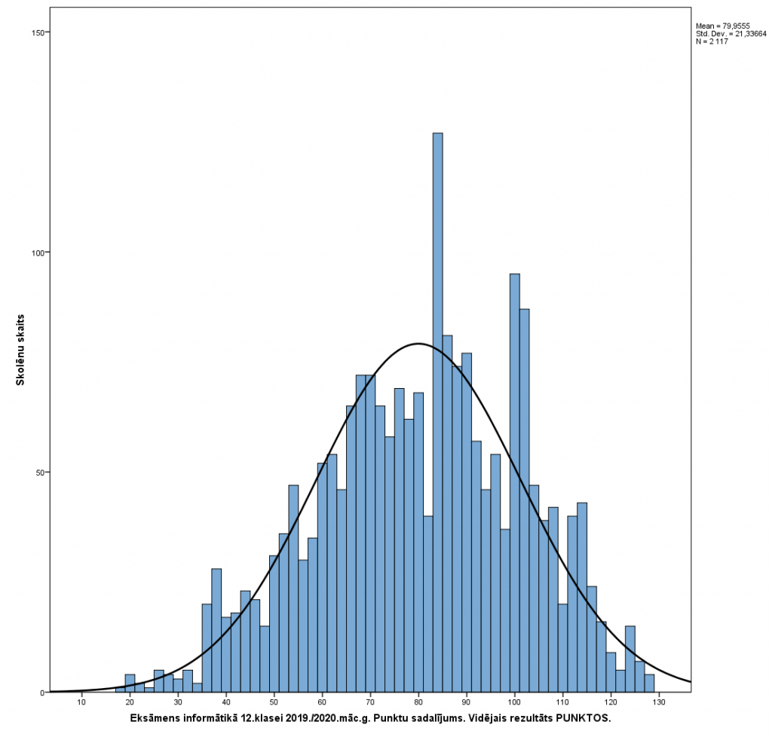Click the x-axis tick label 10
(81, 703)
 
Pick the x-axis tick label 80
(418, 703)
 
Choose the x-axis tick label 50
(274, 703)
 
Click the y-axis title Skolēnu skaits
(21, 350)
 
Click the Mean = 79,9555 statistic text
(721, 26)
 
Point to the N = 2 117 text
(712, 41)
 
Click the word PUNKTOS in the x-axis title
(582, 717)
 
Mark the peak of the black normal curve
(418, 344)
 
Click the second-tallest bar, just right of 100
(515, 482)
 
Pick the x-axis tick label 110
(562, 703)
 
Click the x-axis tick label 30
(178, 703)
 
